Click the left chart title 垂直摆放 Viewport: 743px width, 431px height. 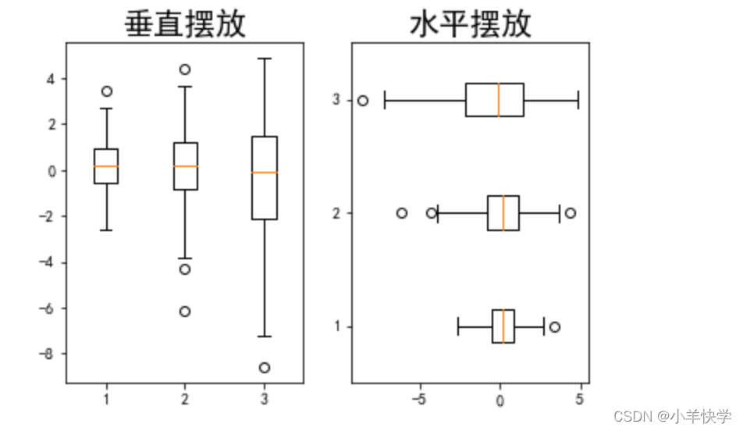click(x=185, y=24)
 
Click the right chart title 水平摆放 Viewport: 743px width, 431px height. click(x=470, y=24)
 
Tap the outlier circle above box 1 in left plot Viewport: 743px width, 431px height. click(x=107, y=91)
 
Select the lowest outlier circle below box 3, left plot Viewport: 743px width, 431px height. click(x=265, y=367)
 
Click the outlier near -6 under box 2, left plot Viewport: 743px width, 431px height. click(x=185, y=311)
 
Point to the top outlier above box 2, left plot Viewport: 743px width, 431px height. click(x=185, y=69)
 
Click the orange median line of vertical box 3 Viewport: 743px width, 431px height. click(x=265, y=172)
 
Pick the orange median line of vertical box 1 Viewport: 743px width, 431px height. click(x=106, y=166)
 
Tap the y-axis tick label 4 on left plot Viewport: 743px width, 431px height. click(x=52, y=78)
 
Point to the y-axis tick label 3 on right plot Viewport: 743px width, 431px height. click(x=337, y=100)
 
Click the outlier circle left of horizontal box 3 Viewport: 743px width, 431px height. click(x=363, y=100)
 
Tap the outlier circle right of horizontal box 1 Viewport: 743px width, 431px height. click(x=555, y=326)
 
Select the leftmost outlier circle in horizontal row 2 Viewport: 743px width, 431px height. click(x=402, y=212)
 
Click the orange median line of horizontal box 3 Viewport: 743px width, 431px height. click(x=499, y=100)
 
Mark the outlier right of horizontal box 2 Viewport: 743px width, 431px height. click(x=571, y=212)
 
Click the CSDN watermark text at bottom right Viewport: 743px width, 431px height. click(x=671, y=415)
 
